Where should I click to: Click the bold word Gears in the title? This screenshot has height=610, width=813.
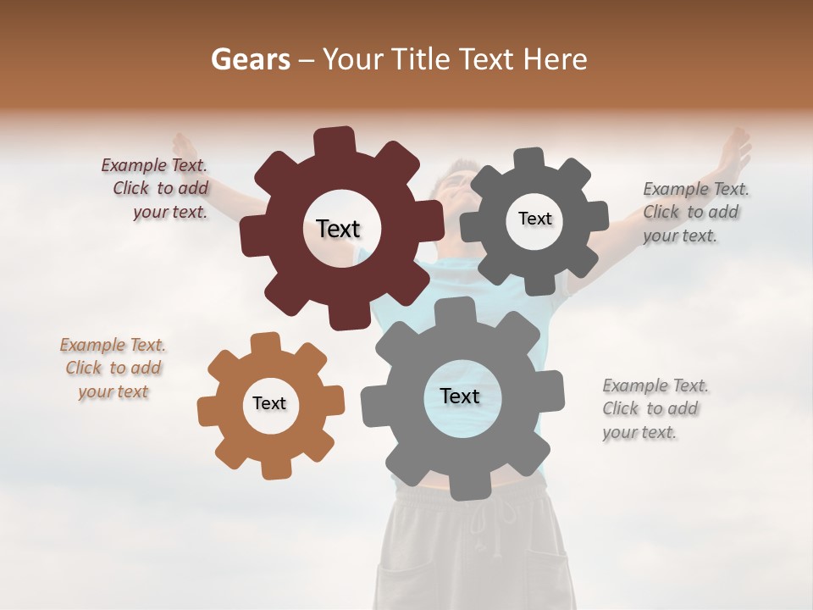pos(249,59)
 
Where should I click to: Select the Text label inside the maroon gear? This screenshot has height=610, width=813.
pos(339,229)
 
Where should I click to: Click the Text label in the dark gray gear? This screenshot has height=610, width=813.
pos(534,219)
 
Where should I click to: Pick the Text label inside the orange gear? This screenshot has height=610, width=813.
pos(269,403)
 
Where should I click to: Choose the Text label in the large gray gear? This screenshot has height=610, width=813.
pos(460,396)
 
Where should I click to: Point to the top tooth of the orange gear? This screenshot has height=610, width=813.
pos(265,343)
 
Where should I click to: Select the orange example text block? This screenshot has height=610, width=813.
pos(113,369)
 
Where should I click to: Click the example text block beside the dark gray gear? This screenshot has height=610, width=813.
pos(695,213)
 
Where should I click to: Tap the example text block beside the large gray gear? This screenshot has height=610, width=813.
pos(655,409)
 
